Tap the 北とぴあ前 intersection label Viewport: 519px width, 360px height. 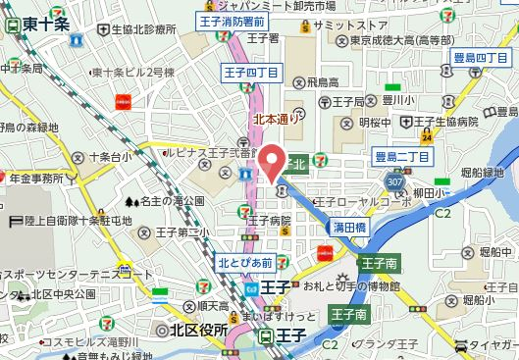(245, 261)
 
